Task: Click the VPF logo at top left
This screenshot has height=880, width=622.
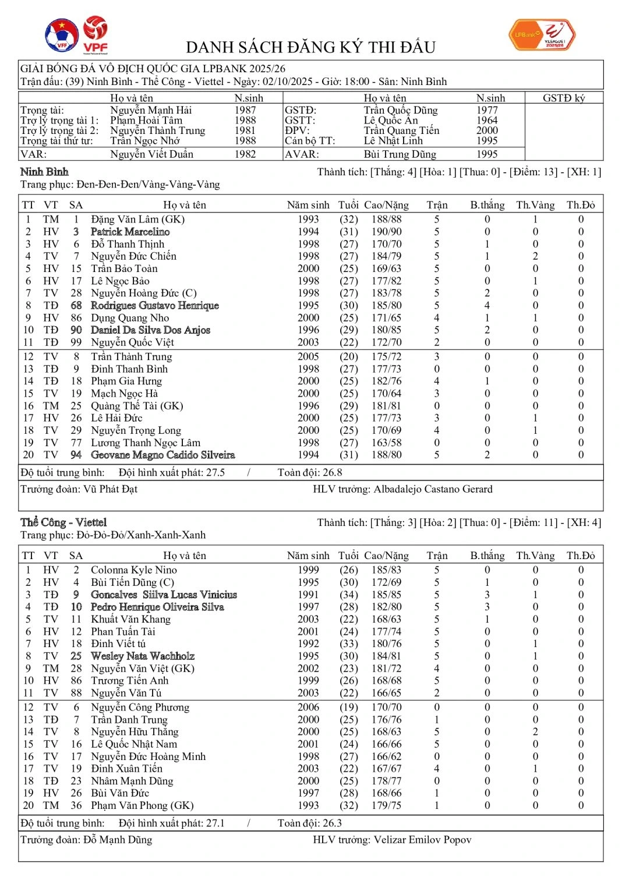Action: pos(95,35)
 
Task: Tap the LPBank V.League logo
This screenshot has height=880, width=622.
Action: pos(542,35)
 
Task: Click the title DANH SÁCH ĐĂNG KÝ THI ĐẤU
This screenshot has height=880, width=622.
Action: pos(310,47)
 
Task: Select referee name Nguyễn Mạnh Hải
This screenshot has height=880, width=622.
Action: pos(151,110)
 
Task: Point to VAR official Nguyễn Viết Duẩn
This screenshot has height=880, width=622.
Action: pos(151,154)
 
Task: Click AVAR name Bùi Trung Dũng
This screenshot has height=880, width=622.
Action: pos(400,154)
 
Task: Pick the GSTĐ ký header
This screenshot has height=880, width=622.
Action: pos(563,98)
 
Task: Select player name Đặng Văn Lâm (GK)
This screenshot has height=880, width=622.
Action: pos(137,220)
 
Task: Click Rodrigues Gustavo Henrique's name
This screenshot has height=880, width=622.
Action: pos(154,306)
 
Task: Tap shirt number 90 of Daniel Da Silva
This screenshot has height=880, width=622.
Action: pos(76,330)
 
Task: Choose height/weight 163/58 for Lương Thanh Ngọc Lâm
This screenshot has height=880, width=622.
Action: pos(386,443)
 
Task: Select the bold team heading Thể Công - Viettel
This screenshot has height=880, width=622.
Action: pos(63,522)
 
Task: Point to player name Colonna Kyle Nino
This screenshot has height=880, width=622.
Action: pos(133,570)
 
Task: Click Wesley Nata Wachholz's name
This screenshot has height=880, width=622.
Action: pos(142,656)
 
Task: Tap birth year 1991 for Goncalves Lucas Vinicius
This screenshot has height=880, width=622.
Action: pos(308,595)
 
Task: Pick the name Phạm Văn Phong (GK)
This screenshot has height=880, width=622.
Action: pos(142,805)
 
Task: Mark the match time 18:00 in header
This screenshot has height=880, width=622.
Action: pos(354,82)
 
